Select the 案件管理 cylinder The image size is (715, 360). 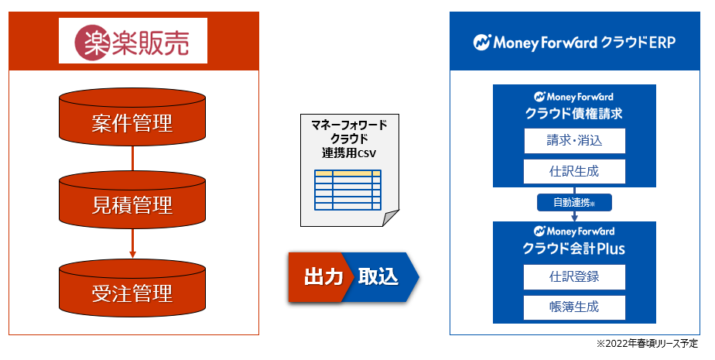(x=132, y=122)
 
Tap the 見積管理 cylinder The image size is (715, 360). (x=132, y=206)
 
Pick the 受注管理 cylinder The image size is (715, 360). (x=132, y=293)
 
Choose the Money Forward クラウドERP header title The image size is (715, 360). (x=574, y=43)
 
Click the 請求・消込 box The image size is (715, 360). (x=574, y=141)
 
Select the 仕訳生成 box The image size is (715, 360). (x=574, y=171)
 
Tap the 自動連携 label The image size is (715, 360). (x=574, y=202)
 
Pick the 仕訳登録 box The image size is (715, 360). (x=574, y=276)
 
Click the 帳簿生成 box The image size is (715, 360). (x=574, y=307)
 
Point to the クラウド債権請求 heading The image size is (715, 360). (x=574, y=113)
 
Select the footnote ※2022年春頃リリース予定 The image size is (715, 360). (x=647, y=344)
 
